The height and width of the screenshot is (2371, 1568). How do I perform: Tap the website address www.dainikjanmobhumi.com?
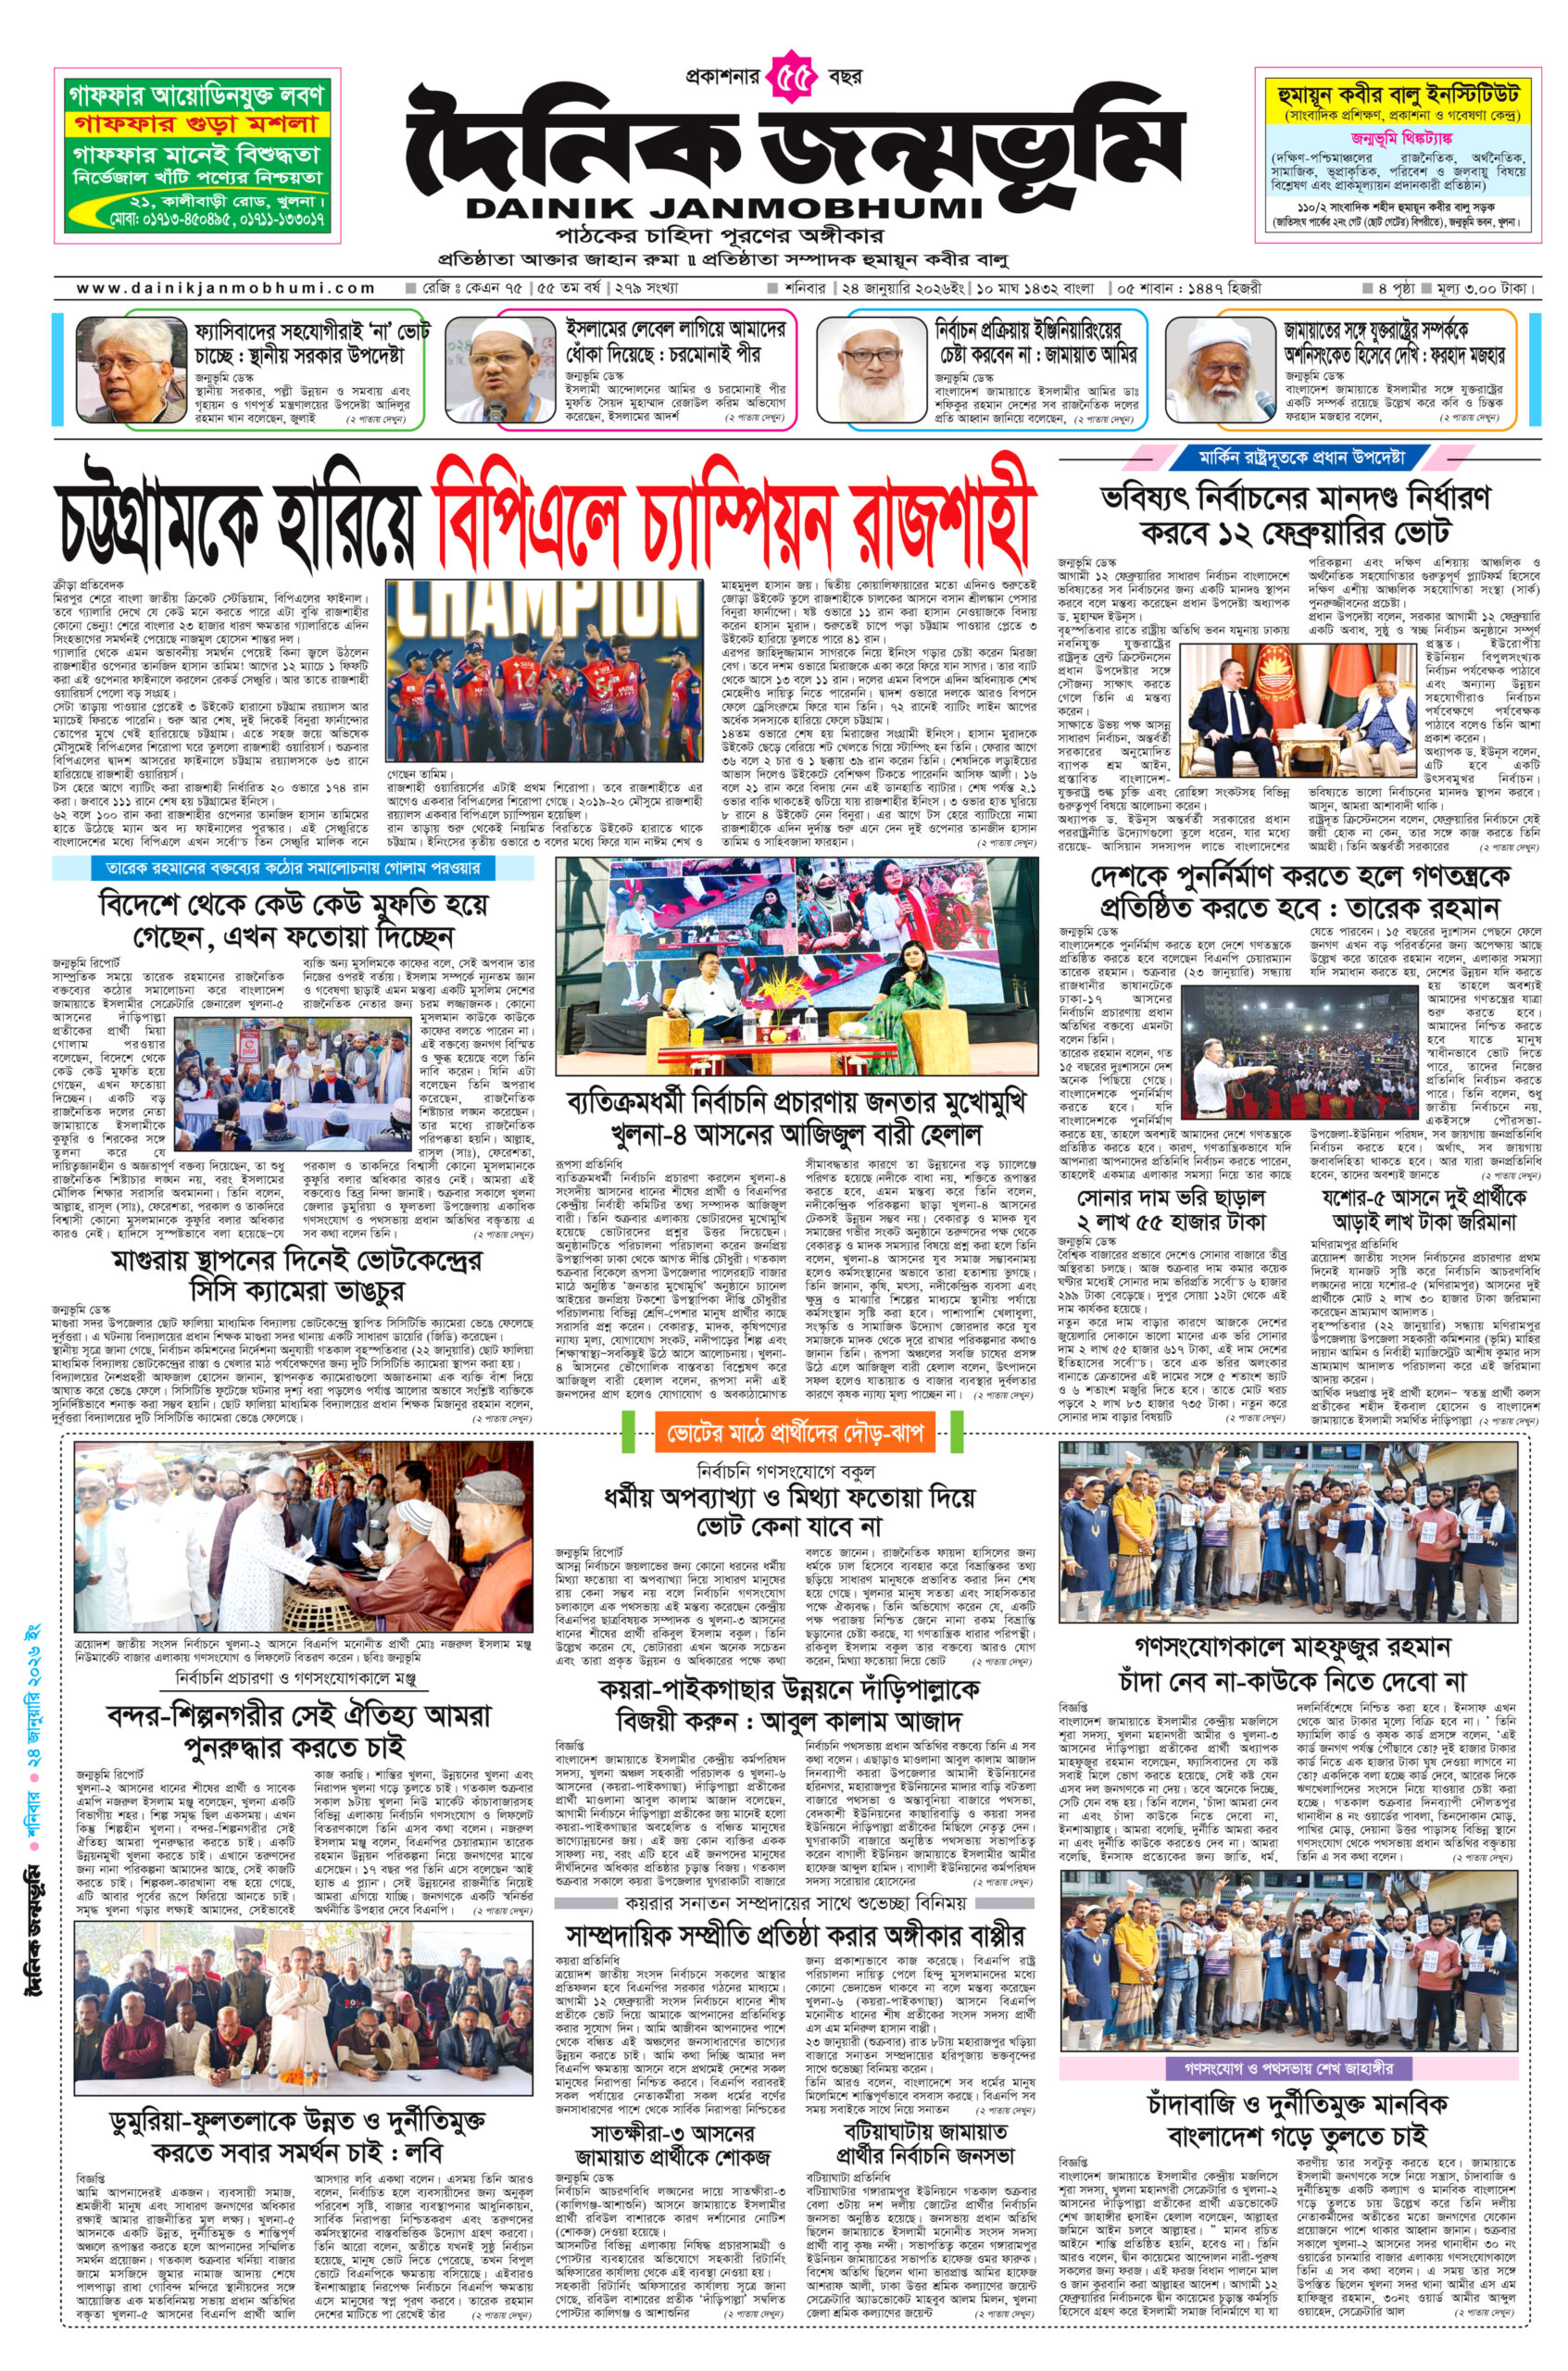click(x=226, y=288)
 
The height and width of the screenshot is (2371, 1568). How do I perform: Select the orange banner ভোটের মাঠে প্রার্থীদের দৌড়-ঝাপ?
click(x=793, y=1433)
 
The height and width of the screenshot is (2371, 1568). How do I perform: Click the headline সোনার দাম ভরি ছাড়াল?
click(x=1172, y=1197)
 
